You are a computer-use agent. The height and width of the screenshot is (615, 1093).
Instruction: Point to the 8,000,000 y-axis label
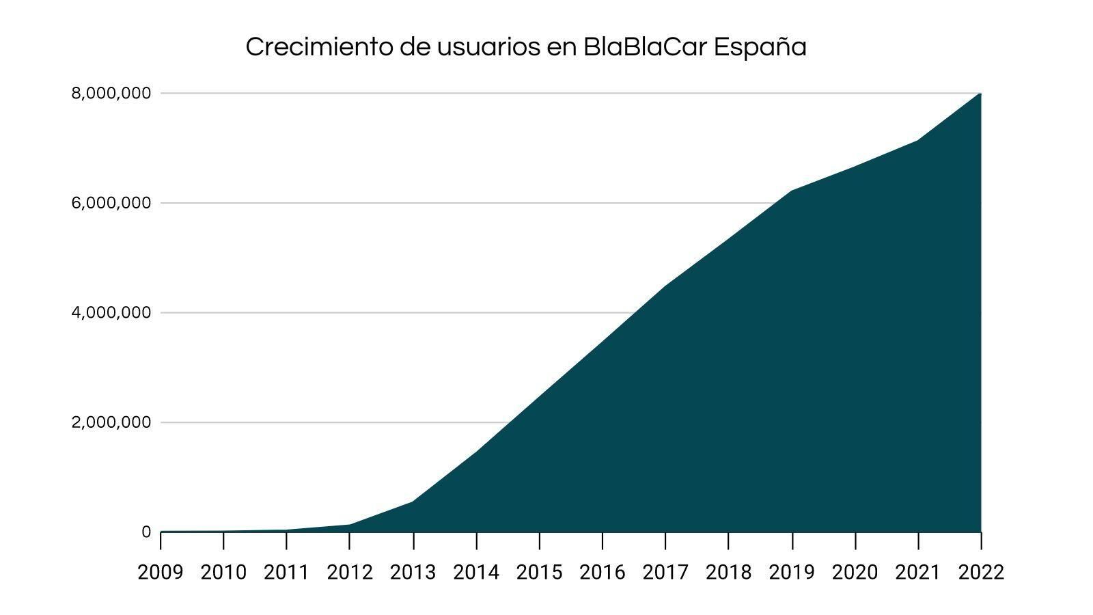click(111, 94)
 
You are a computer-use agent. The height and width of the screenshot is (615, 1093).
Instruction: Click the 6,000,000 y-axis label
click(111, 203)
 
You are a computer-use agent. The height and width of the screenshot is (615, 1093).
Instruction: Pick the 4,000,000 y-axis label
click(111, 313)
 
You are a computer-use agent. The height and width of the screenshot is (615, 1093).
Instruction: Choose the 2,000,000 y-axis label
click(111, 422)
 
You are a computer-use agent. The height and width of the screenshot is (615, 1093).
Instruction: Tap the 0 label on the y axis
click(146, 532)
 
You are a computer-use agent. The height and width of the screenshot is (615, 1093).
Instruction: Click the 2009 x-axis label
click(161, 573)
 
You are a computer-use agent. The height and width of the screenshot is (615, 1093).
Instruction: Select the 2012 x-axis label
click(350, 573)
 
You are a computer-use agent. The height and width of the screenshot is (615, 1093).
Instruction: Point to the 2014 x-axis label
click(476, 573)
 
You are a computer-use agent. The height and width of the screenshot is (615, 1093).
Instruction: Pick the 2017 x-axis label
click(665, 573)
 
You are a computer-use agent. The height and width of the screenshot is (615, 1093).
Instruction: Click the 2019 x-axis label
click(792, 573)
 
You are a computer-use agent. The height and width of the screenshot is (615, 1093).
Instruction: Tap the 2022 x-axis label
click(981, 573)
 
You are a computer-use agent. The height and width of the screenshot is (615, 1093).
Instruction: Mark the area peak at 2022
click(980, 94)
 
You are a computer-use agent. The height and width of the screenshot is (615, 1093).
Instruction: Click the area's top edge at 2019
click(792, 191)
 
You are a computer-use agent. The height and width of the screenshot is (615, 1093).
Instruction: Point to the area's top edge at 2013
click(413, 502)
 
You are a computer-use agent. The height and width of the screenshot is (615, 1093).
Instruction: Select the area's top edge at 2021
click(918, 140)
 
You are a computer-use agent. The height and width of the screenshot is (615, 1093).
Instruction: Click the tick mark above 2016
click(603, 541)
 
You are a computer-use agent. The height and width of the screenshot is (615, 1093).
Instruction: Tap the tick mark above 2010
click(223, 541)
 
